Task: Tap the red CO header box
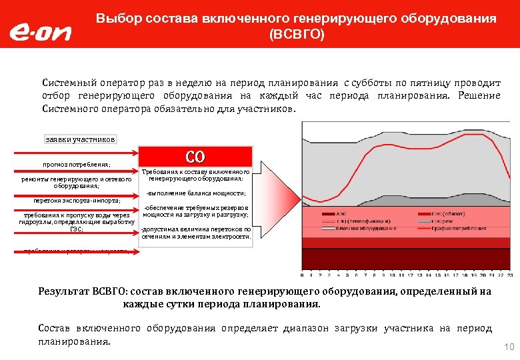tap(195, 157)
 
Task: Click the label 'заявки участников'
tap(80, 139)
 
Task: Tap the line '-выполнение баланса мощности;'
tap(195, 193)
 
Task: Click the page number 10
tap(509, 347)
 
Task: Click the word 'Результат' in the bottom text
tap(65, 291)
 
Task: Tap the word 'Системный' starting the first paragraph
tap(69, 83)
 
